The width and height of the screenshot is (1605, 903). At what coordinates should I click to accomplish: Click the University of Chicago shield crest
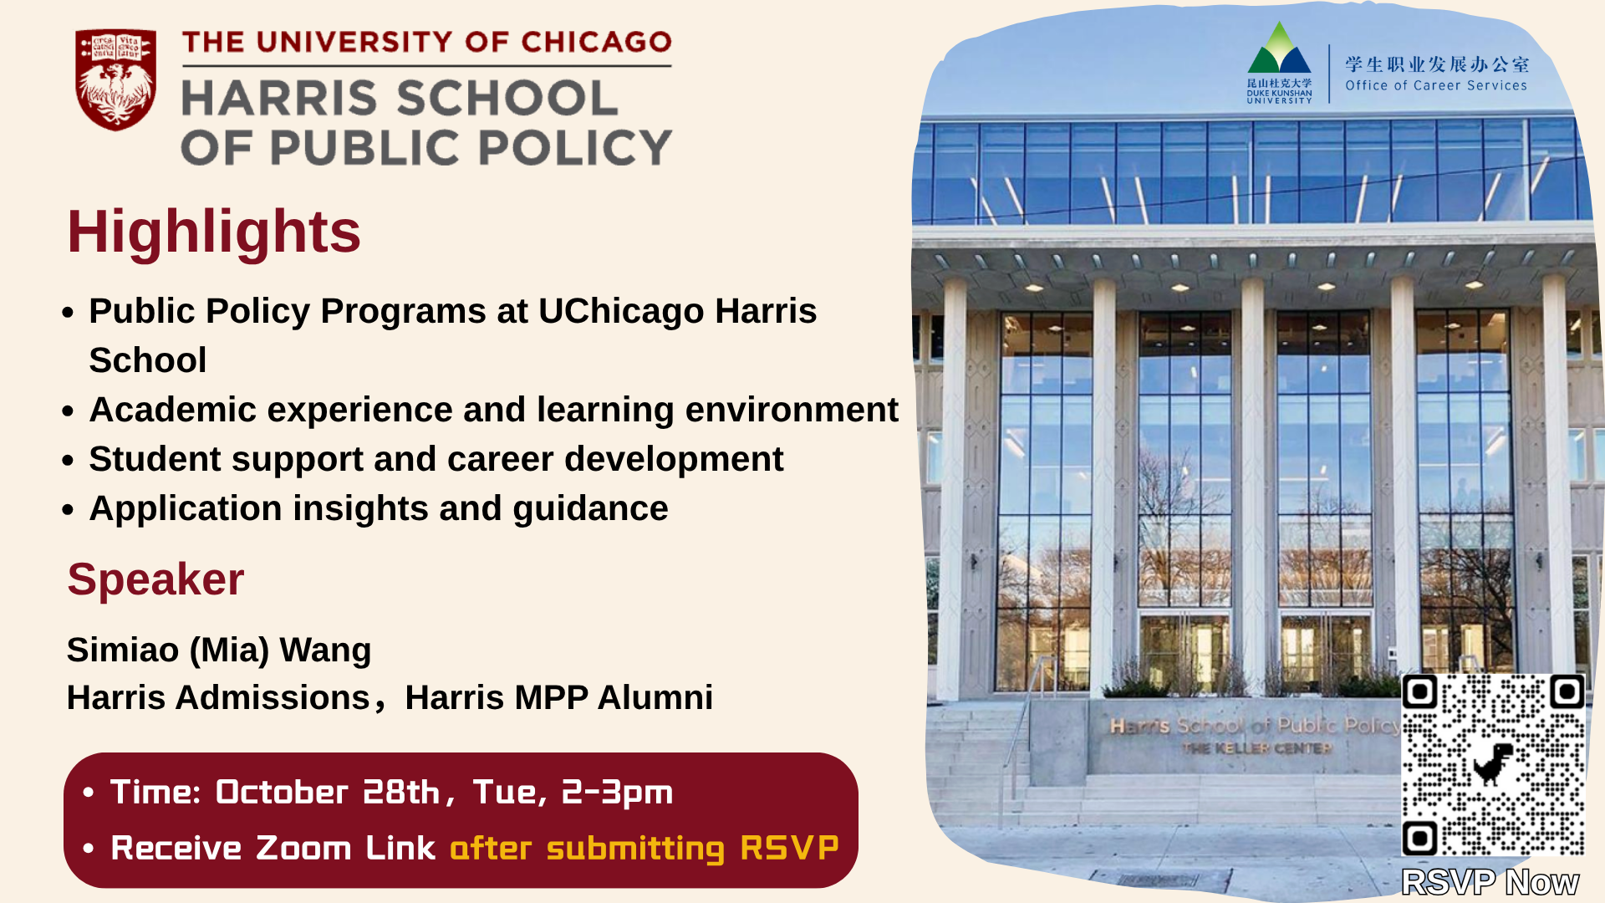(x=115, y=79)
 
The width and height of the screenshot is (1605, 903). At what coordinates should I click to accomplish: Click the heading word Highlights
(x=214, y=232)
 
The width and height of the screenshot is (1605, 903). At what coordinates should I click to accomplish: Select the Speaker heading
(x=155, y=579)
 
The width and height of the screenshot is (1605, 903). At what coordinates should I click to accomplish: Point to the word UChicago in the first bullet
(x=621, y=311)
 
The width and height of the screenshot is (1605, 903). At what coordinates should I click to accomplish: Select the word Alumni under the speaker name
(x=655, y=697)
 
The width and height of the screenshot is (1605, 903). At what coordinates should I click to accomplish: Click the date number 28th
(x=401, y=792)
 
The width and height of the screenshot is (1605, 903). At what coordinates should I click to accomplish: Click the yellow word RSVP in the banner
(x=789, y=848)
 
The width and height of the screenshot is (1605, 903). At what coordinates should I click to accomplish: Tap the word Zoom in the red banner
(x=303, y=848)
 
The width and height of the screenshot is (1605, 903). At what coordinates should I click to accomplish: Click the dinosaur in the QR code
(x=1494, y=763)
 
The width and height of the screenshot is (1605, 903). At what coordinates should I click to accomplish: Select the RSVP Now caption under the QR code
(x=1490, y=882)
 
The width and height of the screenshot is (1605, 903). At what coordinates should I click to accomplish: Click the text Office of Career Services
(x=1436, y=85)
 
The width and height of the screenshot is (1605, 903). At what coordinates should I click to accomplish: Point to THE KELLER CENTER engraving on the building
(x=1257, y=748)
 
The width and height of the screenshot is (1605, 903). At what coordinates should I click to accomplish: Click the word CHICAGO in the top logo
(x=597, y=43)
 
